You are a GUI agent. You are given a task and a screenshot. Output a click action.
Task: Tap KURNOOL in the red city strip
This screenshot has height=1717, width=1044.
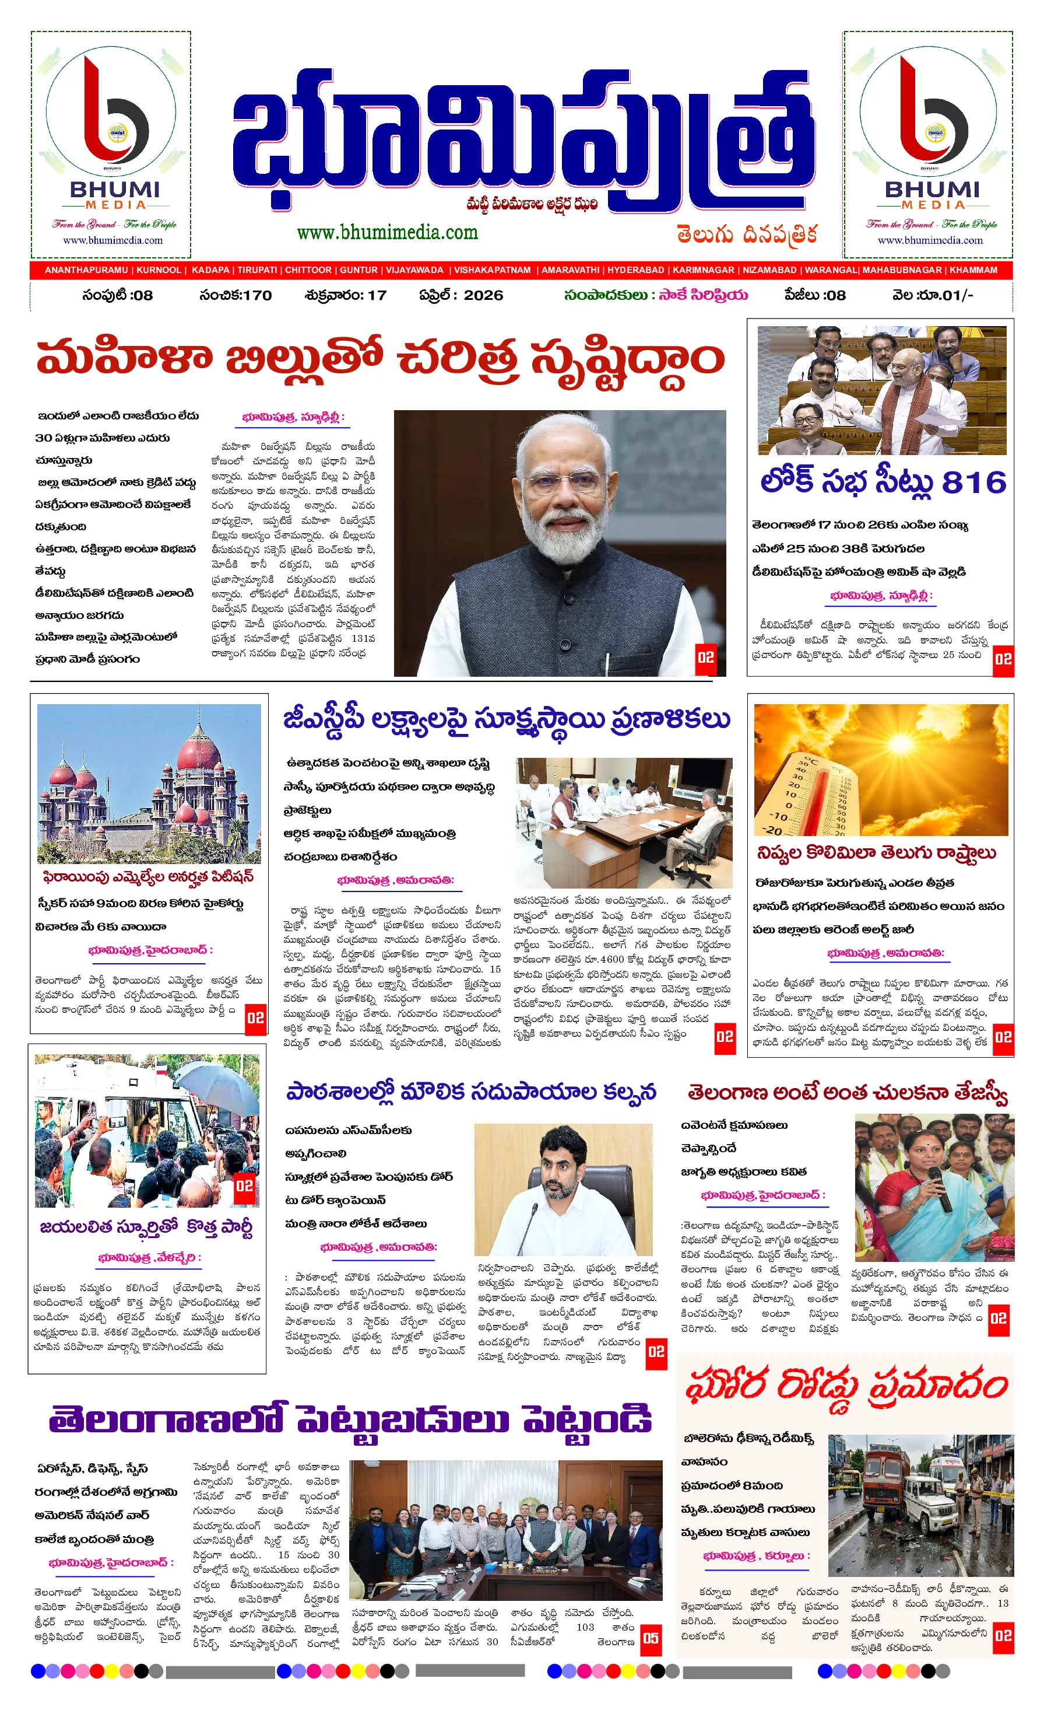pos(158,270)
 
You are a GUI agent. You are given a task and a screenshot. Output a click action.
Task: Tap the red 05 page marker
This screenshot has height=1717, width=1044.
pos(651,1638)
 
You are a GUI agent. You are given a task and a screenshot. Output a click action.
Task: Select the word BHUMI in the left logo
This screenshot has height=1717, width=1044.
pos(114,189)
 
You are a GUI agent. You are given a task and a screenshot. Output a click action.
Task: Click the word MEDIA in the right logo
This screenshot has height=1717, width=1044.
pos(933,205)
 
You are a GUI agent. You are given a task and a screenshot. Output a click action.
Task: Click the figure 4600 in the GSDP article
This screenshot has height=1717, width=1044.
pos(612,959)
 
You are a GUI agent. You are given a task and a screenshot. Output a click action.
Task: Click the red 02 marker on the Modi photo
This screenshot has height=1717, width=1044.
pos(705,657)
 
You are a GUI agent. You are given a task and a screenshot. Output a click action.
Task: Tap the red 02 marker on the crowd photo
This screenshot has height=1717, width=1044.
pos(244,1186)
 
